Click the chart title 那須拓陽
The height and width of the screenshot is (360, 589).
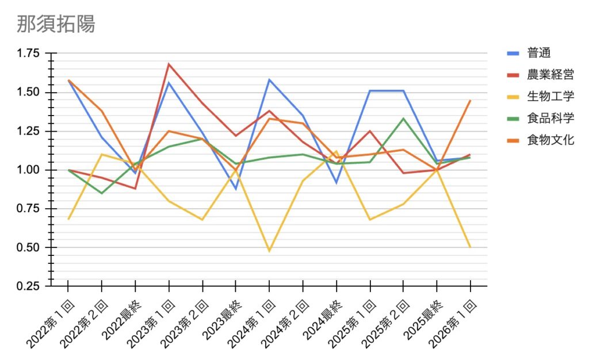[56, 24]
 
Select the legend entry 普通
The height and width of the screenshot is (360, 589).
[539, 53]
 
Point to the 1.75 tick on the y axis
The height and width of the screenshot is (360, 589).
[29, 53]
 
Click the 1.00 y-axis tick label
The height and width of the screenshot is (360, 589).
[29, 170]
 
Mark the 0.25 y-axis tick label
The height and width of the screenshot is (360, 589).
[29, 286]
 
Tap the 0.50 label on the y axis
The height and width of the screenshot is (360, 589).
[29, 248]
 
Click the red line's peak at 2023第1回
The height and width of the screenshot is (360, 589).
[169, 64]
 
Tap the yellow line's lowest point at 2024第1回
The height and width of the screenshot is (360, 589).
[269, 251]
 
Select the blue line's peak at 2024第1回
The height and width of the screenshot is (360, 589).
[269, 79]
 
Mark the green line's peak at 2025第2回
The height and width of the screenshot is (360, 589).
[403, 118]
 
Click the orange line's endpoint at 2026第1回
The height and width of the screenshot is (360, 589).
[470, 101]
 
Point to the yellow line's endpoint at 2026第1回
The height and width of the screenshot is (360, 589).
[470, 247]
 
